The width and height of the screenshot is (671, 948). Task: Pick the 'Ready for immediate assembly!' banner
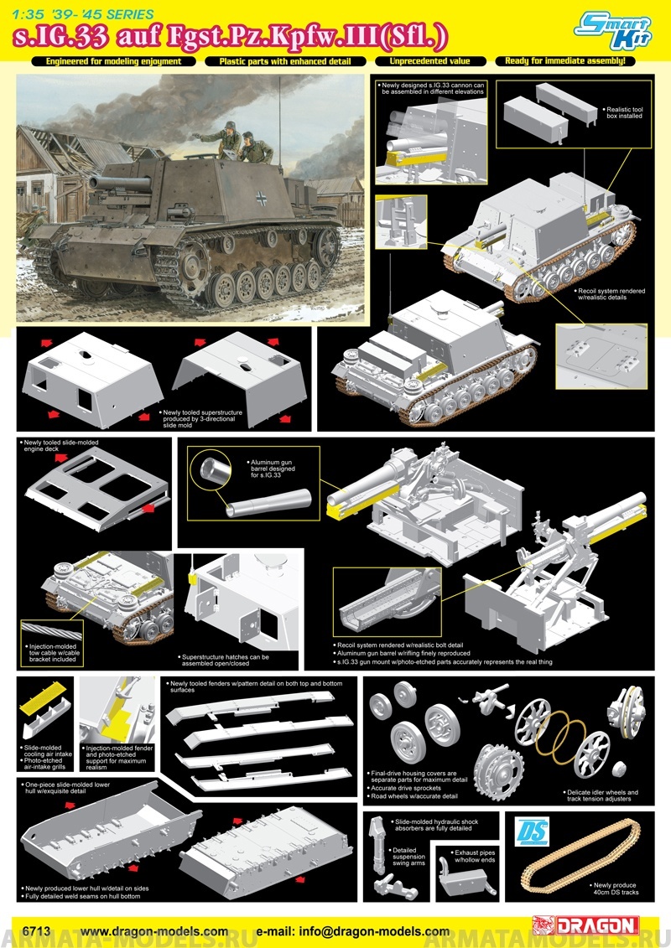pos(566,61)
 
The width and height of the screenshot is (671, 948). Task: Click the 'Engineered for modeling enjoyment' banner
pos(114,61)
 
